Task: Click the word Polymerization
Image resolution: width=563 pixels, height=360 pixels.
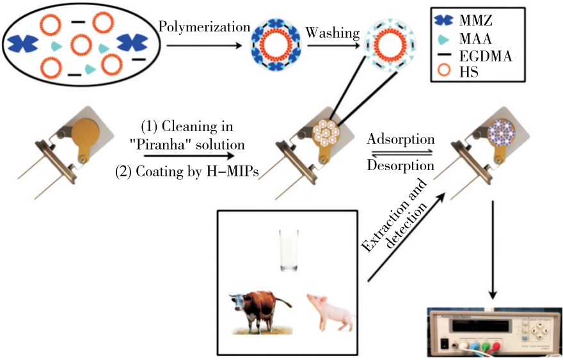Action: pyautogui.click(x=204, y=27)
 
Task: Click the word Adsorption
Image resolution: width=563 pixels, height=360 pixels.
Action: pyautogui.click(x=400, y=139)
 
